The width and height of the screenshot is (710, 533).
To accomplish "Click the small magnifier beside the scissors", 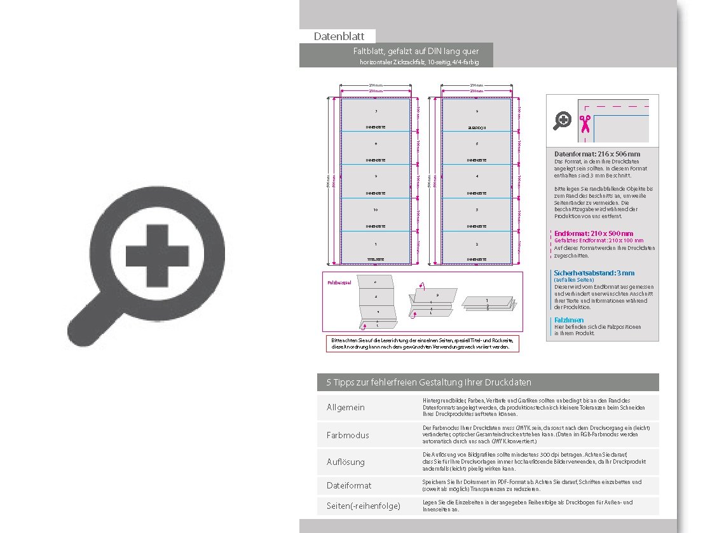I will click(562, 120).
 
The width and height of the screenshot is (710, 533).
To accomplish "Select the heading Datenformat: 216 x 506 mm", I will click(597, 155).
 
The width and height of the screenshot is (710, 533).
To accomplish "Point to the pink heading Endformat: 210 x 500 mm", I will click(594, 233).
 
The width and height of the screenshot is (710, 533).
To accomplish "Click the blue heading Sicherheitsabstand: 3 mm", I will click(594, 273).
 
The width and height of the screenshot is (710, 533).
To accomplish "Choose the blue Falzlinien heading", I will click(568, 320).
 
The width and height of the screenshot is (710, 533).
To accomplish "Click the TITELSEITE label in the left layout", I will click(375, 260).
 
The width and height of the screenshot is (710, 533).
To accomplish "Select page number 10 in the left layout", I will click(375, 209).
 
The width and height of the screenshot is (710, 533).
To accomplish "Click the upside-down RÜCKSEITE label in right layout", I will click(477, 128).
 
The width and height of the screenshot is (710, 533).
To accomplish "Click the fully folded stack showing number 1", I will click(486, 304).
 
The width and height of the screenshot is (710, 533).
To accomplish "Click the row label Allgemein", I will click(345, 408).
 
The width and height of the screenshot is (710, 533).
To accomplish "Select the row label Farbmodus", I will click(347, 436).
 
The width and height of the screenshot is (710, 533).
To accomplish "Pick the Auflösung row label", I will click(346, 461).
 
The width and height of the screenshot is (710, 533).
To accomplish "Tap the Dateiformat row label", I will click(349, 485).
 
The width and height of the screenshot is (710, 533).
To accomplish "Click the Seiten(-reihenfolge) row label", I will click(363, 506).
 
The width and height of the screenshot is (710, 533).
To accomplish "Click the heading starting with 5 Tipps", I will click(428, 382).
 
